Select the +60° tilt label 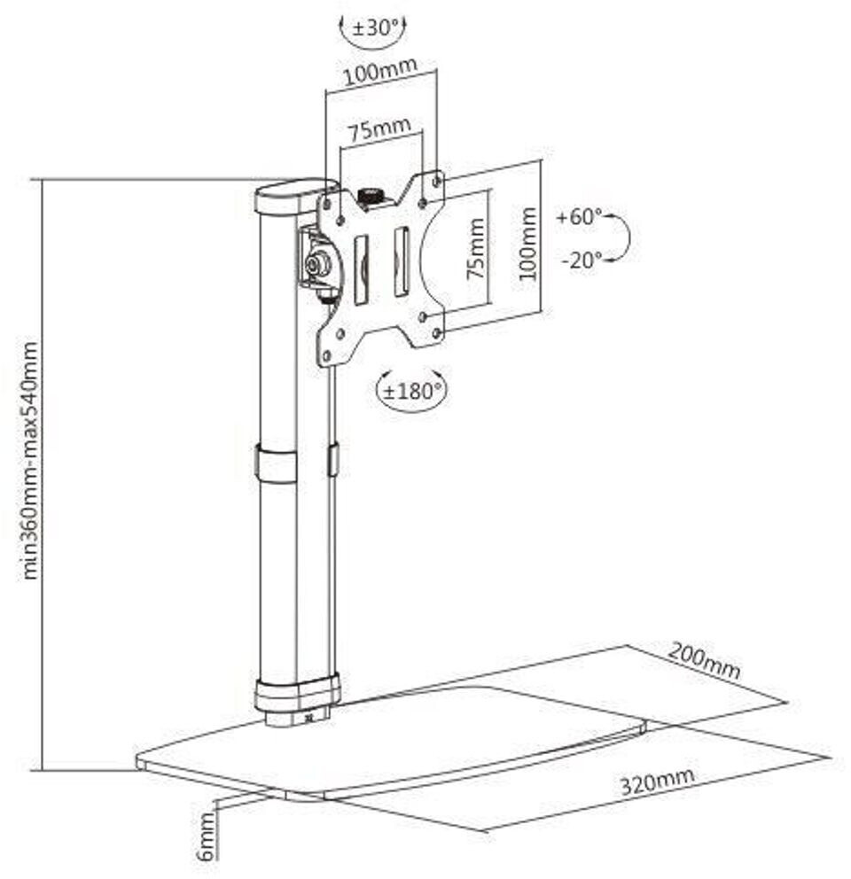pyautogui.click(x=579, y=217)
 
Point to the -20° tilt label pyautogui.click(x=581, y=259)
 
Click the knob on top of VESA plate pyautogui.click(x=368, y=195)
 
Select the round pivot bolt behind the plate pyautogui.click(x=317, y=263)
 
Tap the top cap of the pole pyautogui.click(x=291, y=195)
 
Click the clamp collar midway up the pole pyautogui.click(x=277, y=463)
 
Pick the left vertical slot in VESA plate pyautogui.click(x=361, y=268)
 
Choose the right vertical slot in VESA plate pyautogui.click(x=401, y=261)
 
